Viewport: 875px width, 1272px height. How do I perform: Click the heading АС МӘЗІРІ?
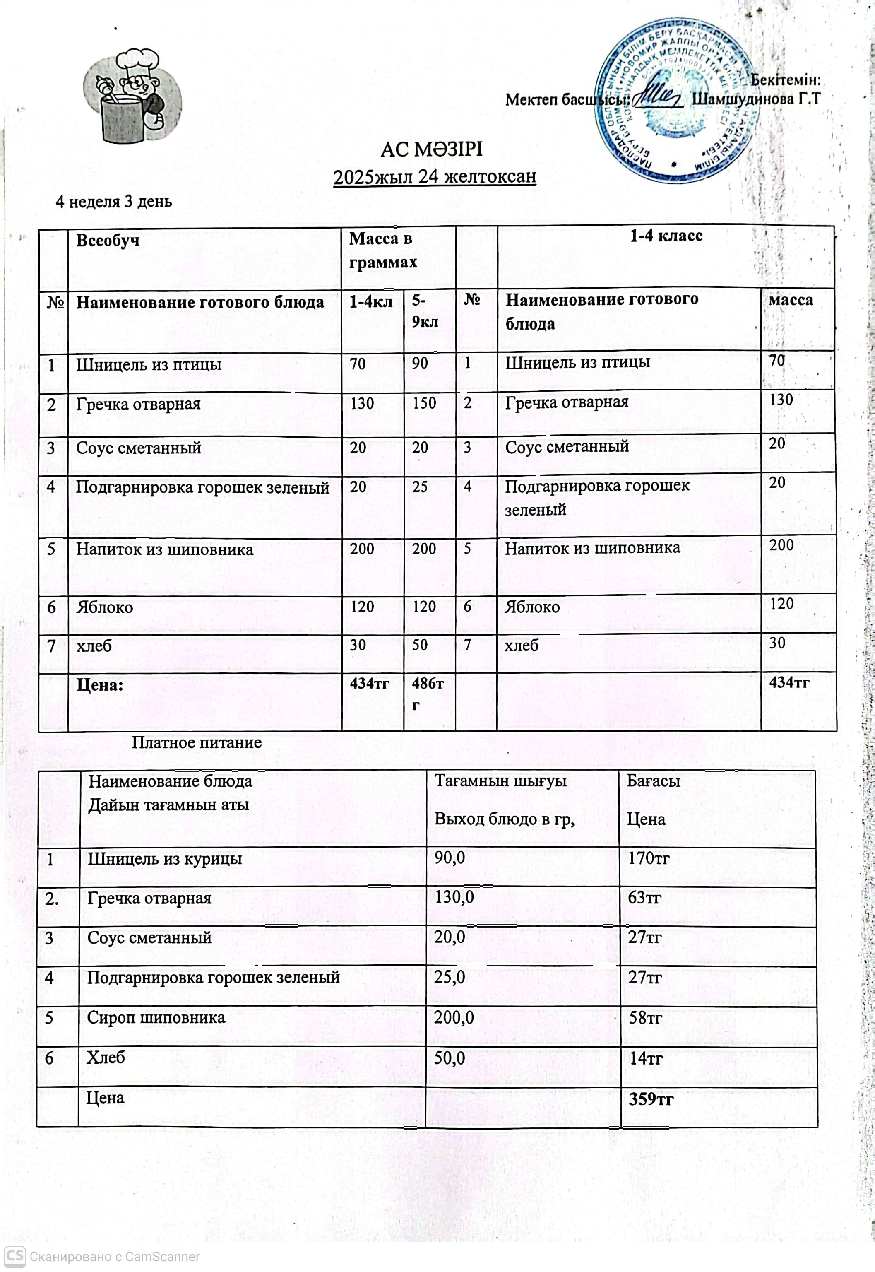coord(431,150)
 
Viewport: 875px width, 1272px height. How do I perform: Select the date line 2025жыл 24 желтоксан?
coord(435,177)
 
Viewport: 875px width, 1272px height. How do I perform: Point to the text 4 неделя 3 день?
coord(114,202)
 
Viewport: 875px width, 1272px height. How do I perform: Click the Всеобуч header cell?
coord(108,241)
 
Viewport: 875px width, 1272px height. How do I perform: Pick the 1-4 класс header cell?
coord(666,236)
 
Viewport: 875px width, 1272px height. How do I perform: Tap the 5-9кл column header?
coord(425,311)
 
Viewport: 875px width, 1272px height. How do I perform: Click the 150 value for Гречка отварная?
coord(424,404)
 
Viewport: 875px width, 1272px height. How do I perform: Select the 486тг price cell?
coord(428,693)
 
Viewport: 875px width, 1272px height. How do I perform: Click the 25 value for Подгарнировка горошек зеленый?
coord(420,487)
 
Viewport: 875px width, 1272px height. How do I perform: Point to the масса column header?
coord(791,300)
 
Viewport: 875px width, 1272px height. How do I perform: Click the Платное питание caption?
coord(196,743)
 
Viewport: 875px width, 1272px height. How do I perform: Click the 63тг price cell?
coord(645,898)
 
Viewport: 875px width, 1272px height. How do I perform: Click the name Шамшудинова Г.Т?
coord(756,99)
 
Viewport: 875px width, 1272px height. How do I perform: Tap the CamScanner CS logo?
coord(15,1256)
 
